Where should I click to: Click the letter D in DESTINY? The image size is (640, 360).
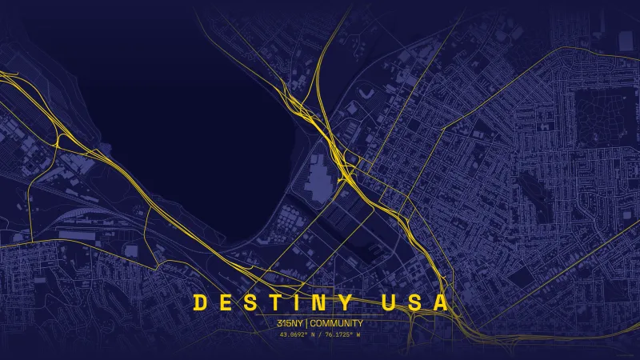pyautogui.click(x=200, y=302)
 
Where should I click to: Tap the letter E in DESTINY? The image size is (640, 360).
pyautogui.click(x=225, y=302)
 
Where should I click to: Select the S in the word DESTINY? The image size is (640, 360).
pyautogui.click(x=250, y=302)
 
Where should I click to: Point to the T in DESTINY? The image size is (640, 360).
pyautogui.click(x=274, y=302)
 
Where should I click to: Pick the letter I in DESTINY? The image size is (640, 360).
pyautogui.click(x=297, y=302)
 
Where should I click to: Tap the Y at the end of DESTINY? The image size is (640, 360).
pyautogui.click(x=344, y=302)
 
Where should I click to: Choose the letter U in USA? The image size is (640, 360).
pyautogui.click(x=390, y=302)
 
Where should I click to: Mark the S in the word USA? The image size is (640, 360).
pyautogui.click(x=414, y=302)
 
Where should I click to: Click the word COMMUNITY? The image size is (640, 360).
pyautogui.click(x=337, y=323)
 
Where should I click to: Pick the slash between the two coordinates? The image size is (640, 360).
pyautogui.click(x=320, y=334)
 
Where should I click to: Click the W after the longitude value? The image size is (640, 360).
pyautogui.click(x=359, y=334)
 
